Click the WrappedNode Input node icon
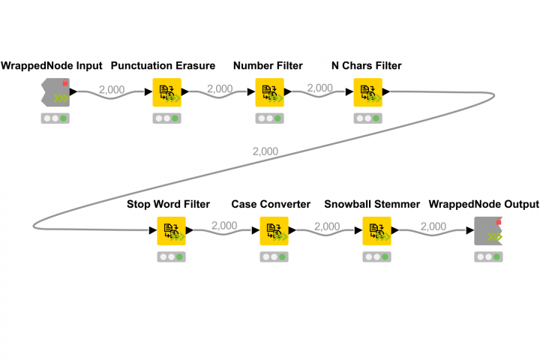55,92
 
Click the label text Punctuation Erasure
163,66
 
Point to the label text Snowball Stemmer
372,204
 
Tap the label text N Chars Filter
367,66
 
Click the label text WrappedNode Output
484,204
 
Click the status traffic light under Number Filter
268,118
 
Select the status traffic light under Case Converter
273,256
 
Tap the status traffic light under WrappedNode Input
55,118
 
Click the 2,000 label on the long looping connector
265,151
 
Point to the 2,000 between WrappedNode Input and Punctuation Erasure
112,89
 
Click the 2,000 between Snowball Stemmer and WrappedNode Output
433,226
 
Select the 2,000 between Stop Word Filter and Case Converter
224,226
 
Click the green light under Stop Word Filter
179,256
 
